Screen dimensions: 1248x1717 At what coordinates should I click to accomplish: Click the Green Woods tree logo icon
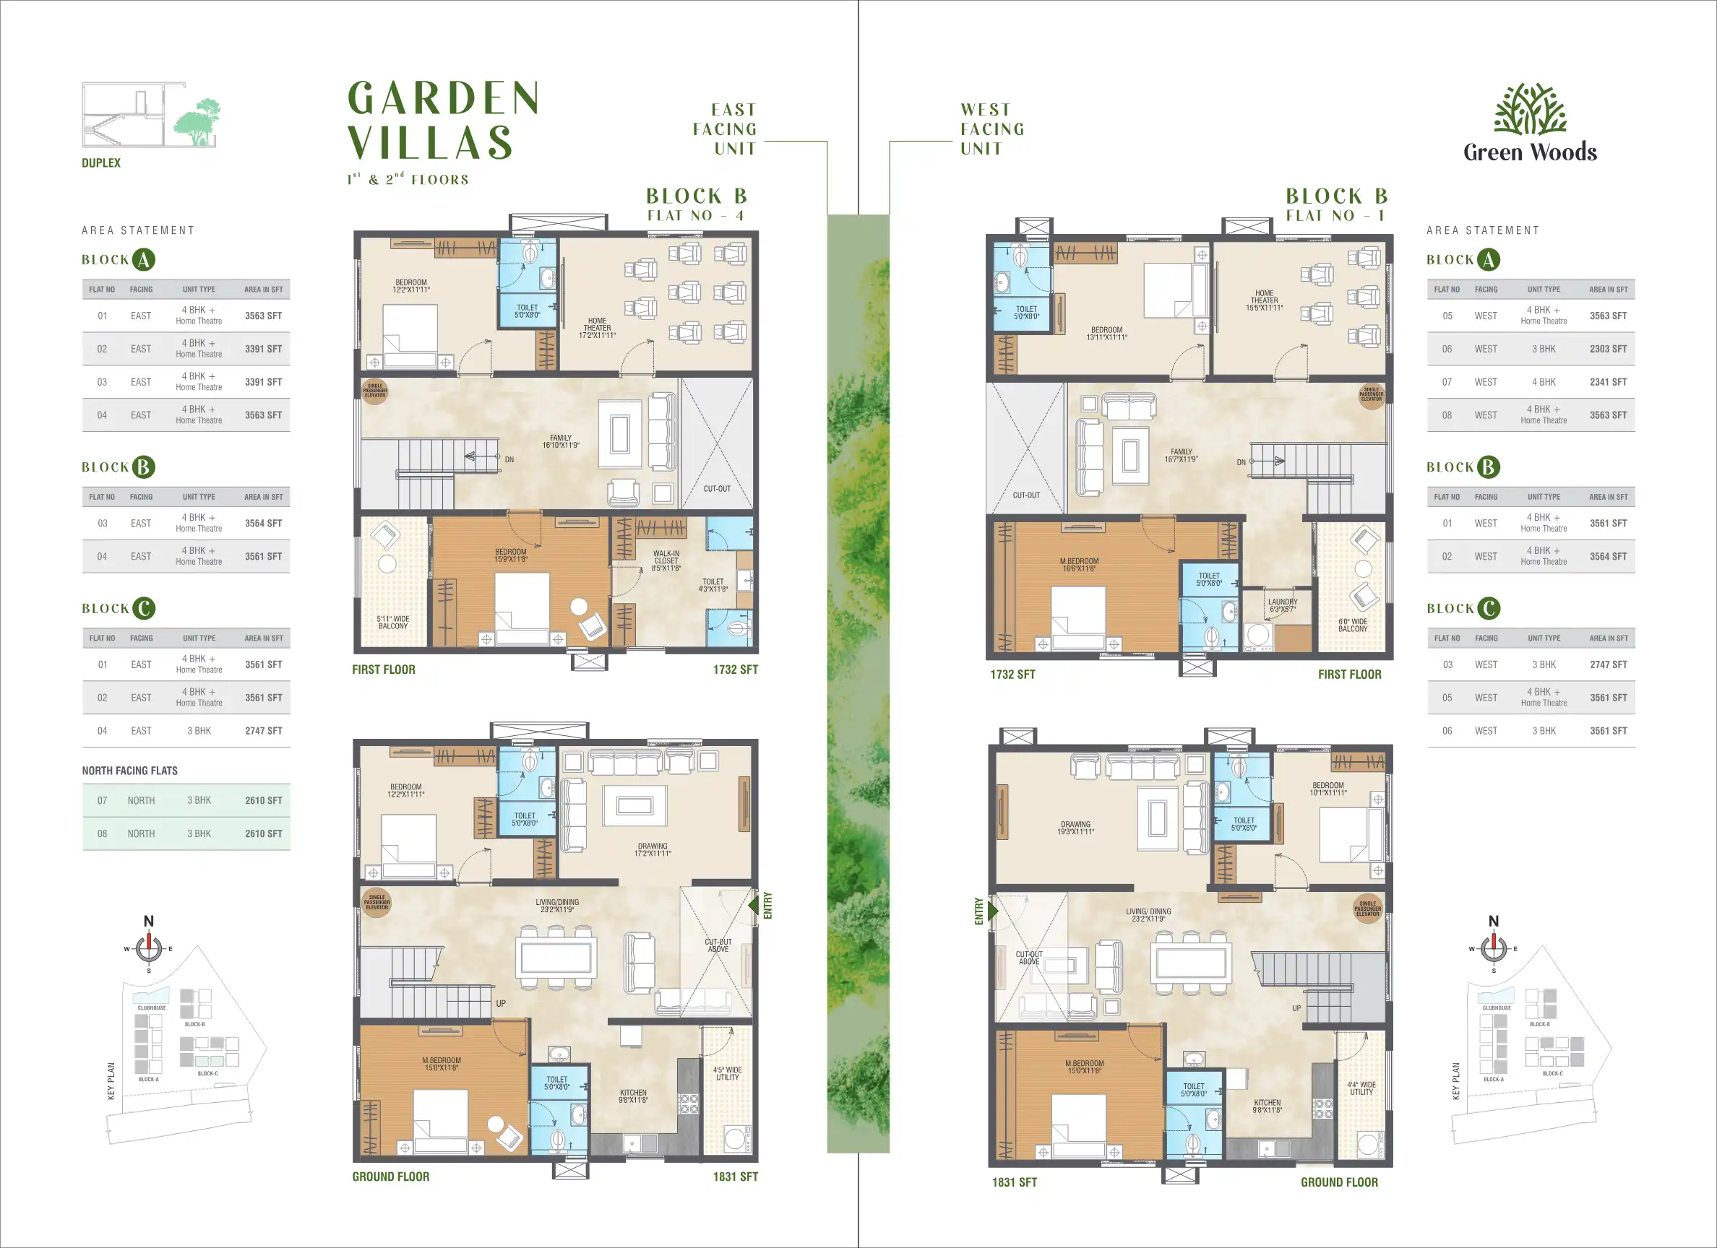tap(1530, 109)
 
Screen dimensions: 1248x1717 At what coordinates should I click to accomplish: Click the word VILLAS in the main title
tap(430, 143)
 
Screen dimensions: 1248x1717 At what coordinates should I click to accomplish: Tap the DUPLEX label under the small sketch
tap(100, 162)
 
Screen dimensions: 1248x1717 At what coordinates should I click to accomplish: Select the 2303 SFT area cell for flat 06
tap(1608, 349)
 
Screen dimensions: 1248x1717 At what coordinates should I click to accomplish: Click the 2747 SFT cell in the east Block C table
tap(263, 730)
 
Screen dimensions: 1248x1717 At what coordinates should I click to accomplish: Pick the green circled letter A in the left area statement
tap(143, 259)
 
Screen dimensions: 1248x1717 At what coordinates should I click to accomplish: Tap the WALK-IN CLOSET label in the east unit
tap(666, 560)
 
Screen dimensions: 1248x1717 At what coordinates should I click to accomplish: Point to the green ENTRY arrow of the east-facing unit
tap(753, 905)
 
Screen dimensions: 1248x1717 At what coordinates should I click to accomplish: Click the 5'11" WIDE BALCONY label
tap(393, 622)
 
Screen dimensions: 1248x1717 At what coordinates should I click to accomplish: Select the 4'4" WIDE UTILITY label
tap(1361, 1088)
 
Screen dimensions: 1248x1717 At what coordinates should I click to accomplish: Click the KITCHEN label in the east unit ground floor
tap(633, 1096)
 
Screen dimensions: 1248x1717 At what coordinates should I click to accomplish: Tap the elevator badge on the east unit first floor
tap(375, 391)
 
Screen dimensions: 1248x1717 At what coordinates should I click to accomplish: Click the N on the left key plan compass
tap(148, 921)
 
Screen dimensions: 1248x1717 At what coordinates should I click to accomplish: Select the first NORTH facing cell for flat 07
tap(141, 800)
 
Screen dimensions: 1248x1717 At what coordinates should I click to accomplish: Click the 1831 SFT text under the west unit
tap(1014, 1182)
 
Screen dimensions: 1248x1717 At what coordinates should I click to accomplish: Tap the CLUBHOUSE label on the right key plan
tap(1496, 1008)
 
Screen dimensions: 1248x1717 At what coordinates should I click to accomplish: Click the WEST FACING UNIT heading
tap(991, 129)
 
